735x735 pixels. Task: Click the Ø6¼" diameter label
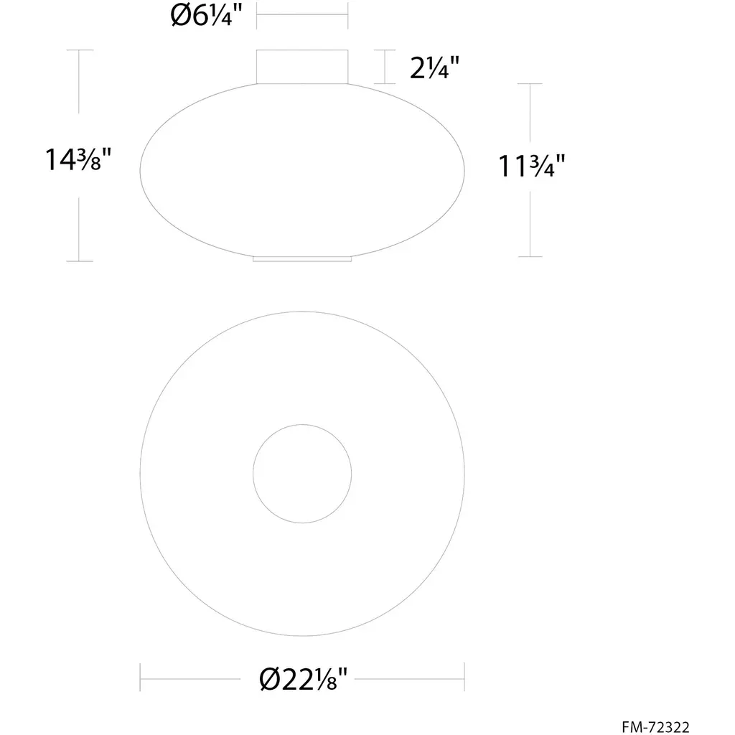tap(206, 16)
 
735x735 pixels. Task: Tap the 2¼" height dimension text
tap(434, 67)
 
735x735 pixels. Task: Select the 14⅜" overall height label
tap(78, 159)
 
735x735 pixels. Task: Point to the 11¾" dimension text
tap(531, 167)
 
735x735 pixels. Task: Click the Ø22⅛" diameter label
tap(304, 679)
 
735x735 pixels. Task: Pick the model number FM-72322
tap(655, 726)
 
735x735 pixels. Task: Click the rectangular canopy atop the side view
tap(302, 67)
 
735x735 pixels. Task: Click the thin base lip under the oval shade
tap(302, 258)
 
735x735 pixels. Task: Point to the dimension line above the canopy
tap(302, 14)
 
